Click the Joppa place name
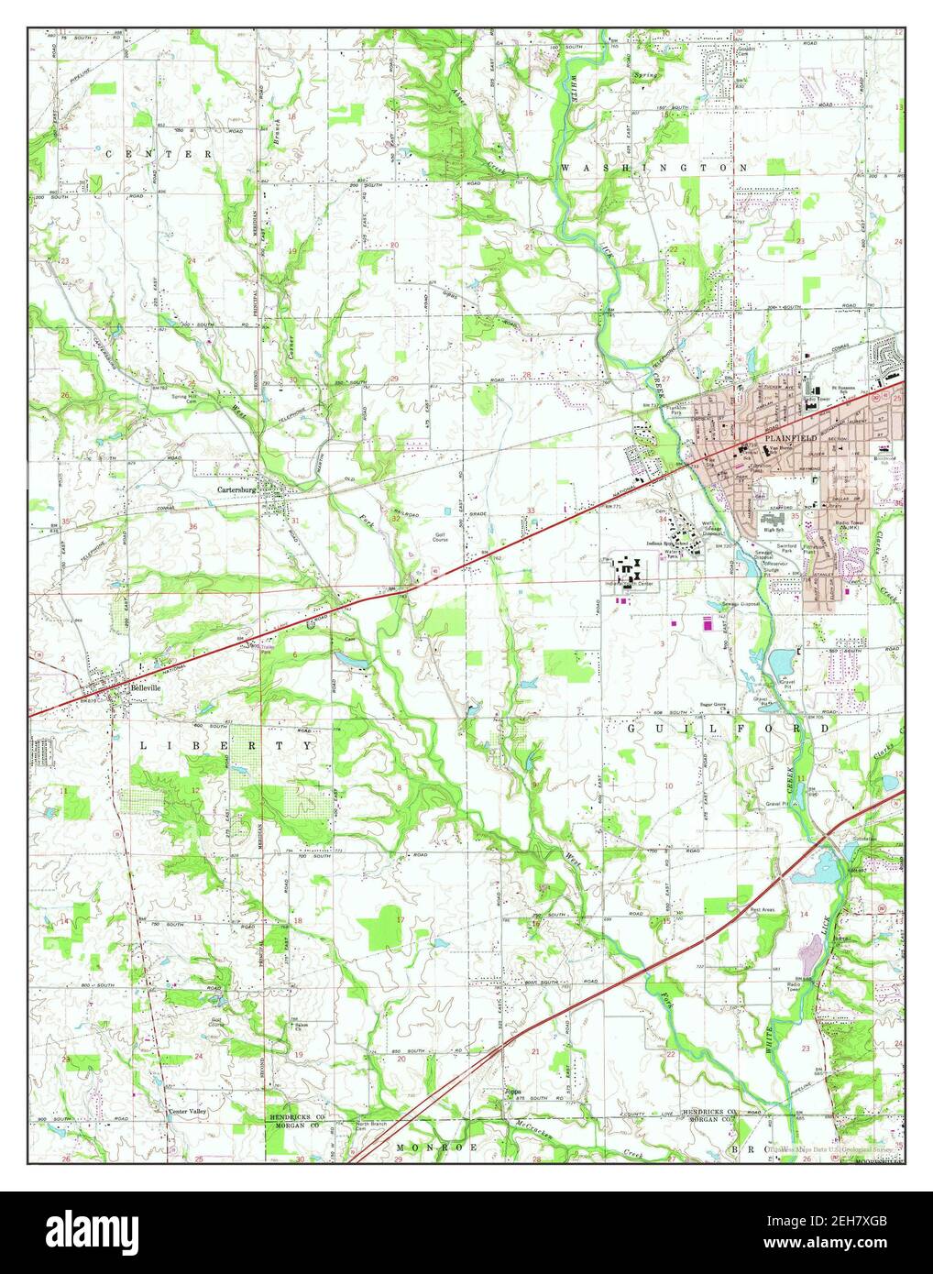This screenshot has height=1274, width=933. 513,1093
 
